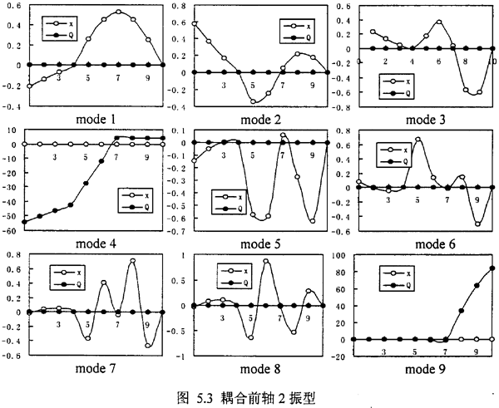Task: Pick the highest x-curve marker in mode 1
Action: (119, 12)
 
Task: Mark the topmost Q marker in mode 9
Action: (492, 268)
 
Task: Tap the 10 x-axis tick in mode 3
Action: (492, 60)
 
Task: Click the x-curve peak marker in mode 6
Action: (417, 139)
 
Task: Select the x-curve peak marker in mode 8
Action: (266, 262)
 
